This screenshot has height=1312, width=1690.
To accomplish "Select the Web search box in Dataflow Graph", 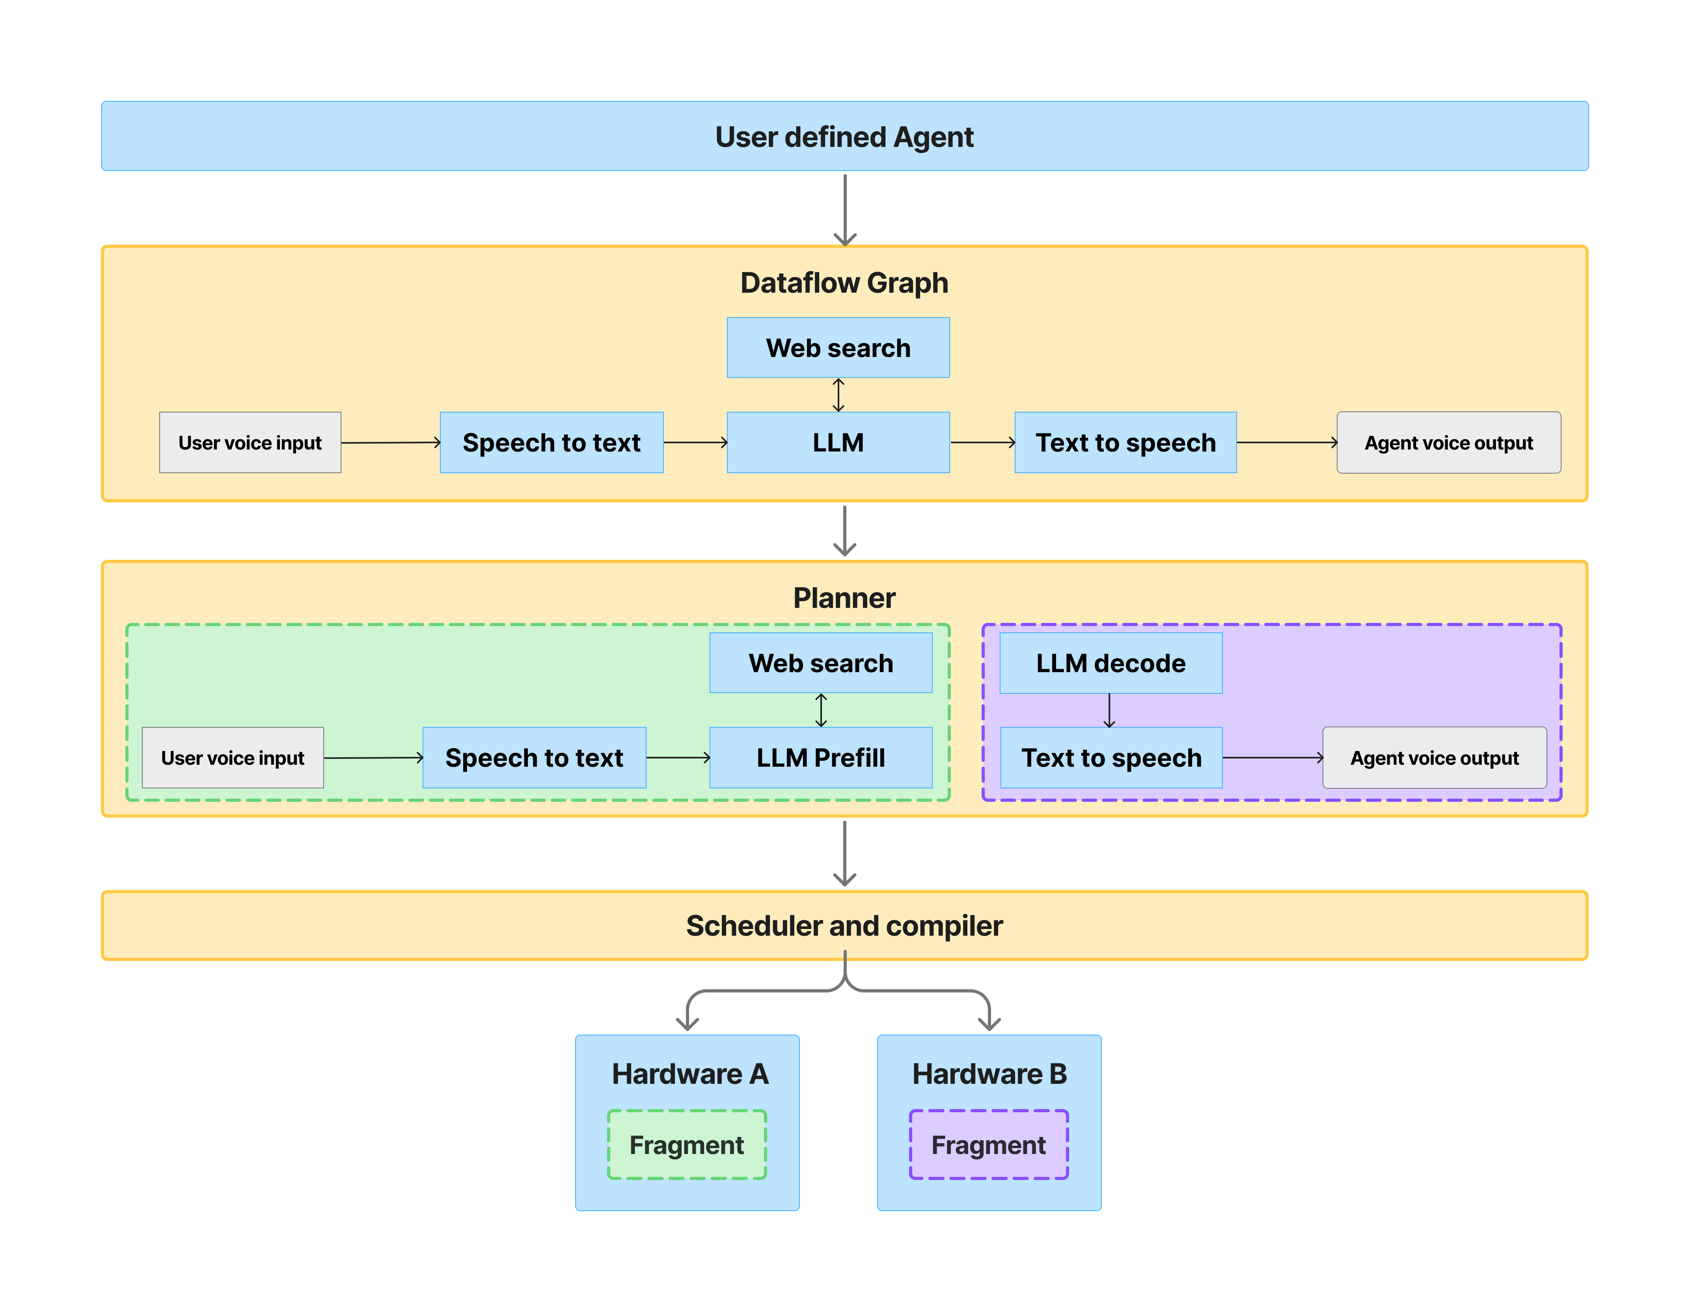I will tap(838, 348).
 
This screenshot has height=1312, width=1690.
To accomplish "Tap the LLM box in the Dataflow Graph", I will tap(838, 442).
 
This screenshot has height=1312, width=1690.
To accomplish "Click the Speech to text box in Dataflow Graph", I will tap(551, 442).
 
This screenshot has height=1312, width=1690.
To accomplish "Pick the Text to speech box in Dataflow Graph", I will tap(1125, 442).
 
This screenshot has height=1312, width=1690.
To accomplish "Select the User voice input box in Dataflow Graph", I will tap(250, 442).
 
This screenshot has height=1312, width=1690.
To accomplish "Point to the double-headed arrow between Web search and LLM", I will tap(838, 394).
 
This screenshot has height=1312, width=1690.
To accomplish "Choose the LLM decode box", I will tap(1111, 663).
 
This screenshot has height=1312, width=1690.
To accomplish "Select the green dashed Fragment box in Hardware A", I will tap(686, 1145).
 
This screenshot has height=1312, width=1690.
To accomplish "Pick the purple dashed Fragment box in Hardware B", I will tap(988, 1145).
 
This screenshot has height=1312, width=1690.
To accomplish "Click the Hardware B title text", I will tap(989, 1074).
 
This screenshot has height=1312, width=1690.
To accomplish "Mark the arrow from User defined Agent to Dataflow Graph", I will tap(844, 209).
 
